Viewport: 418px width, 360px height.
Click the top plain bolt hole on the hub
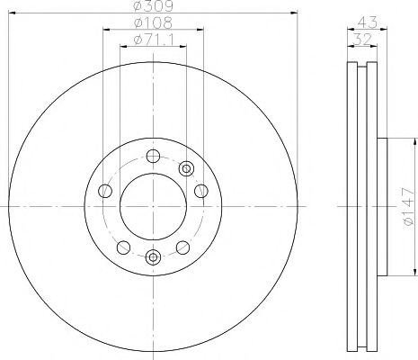tap(152, 155)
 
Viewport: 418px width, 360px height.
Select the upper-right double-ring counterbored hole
tap(187, 168)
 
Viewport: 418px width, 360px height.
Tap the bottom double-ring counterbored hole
tap(152, 258)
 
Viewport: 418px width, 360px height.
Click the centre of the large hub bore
tap(152, 206)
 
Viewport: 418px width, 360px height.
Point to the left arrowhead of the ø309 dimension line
tap(11, 13)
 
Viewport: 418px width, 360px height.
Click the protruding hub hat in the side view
tap(382, 207)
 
